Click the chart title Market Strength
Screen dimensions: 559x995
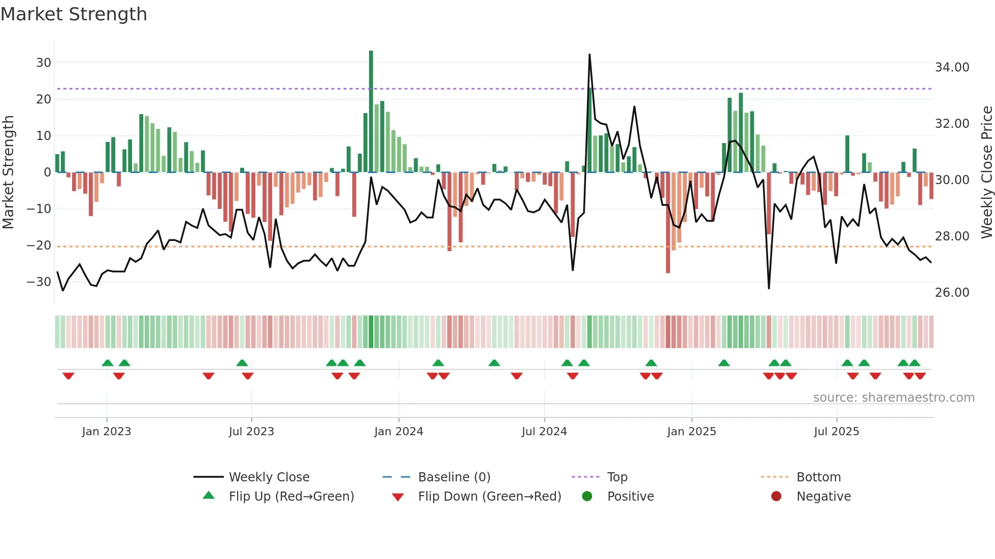click(74, 14)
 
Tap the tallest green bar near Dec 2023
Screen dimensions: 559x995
click(371, 112)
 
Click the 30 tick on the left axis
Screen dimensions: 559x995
click(44, 63)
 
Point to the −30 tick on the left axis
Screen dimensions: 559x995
click(39, 282)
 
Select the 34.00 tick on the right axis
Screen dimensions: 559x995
click(952, 67)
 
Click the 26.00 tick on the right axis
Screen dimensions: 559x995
click(952, 293)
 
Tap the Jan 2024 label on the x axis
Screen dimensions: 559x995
click(399, 432)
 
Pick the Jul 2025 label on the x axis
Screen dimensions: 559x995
click(836, 432)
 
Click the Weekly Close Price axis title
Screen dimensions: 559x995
click(986, 172)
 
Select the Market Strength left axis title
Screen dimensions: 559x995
click(8, 172)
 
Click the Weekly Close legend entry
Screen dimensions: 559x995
click(269, 477)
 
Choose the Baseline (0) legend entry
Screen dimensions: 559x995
click(454, 477)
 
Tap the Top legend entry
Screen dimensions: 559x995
click(617, 477)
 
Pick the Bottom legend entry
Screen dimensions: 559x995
click(818, 477)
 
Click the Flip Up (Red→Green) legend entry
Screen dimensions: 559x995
click(291, 497)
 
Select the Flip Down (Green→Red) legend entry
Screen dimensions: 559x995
click(489, 497)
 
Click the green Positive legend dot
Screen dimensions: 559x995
click(587, 497)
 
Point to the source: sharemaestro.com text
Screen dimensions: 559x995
click(893, 398)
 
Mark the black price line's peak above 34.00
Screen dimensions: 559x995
click(589, 54)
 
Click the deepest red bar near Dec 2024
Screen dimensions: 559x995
click(668, 223)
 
